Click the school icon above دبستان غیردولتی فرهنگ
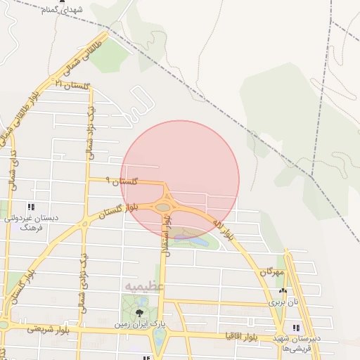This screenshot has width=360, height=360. pyautogui.click(x=30, y=207)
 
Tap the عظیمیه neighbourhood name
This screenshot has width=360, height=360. pyautogui.click(x=144, y=287)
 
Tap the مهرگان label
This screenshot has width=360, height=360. pyautogui.click(x=270, y=271)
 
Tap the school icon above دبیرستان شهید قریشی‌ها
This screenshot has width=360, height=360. pyautogui.click(x=296, y=328)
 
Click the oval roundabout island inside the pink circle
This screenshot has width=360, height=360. pyautogui.click(x=165, y=207)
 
